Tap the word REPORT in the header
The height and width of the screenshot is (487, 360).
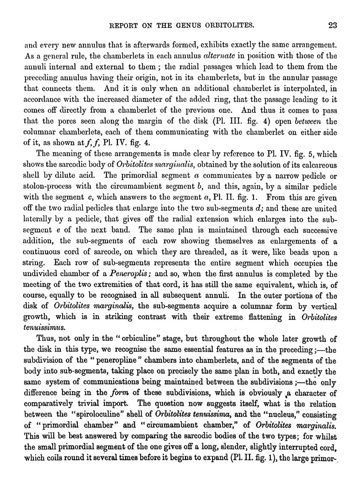123,26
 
